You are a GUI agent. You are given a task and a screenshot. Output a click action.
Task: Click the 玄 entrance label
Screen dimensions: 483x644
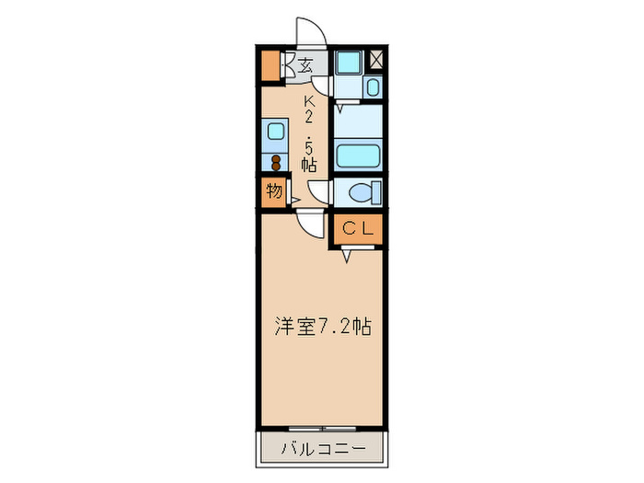coord(305,65)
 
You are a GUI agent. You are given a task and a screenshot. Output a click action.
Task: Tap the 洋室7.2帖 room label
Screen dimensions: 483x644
coord(323,327)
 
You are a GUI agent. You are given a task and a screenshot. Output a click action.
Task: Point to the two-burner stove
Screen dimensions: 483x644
coord(275,163)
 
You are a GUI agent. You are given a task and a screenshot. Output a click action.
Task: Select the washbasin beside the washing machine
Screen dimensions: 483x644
coord(373,87)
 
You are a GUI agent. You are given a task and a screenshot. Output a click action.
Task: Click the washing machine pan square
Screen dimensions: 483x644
coord(348,63)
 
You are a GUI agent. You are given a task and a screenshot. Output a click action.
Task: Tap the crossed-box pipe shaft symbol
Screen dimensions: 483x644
coord(377,58)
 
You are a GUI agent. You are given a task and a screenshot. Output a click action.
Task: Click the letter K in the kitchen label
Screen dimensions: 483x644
coord(309,100)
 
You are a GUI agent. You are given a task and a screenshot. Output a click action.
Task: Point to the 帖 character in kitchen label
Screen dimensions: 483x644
coord(309,166)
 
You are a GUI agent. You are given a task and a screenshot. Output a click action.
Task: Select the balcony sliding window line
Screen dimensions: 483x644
coord(322,429)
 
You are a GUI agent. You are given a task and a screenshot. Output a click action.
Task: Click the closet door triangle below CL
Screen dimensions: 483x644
coord(347,255)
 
